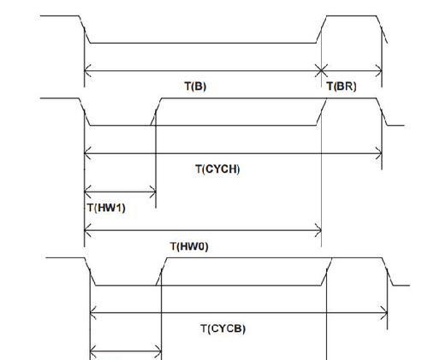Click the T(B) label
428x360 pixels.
coord(195,86)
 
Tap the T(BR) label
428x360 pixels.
coord(342,86)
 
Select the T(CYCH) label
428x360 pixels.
coord(217,169)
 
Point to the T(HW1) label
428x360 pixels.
coord(106,208)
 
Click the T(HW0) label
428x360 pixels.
coord(189,246)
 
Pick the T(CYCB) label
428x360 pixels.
coord(223,328)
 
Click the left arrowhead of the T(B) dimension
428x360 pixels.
coord(88,70)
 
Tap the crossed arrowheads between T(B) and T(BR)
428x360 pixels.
coord(321,70)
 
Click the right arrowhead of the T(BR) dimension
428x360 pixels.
coord(378,71)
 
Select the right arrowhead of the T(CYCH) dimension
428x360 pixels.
coord(378,153)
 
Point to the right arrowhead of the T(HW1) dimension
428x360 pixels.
coord(152,192)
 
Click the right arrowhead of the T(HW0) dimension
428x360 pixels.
coord(318,230)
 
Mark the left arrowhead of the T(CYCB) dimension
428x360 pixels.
coord(93,313)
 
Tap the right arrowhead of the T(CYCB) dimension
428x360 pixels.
coord(384,313)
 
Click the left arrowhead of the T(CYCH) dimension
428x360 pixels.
coord(88,153)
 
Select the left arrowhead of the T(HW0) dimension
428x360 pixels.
coord(88,230)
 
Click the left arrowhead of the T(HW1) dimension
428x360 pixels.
coord(88,192)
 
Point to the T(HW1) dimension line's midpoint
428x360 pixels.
coord(120,192)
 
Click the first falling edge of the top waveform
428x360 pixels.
coord(85,29)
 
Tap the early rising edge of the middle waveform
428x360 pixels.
coord(156,112)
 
